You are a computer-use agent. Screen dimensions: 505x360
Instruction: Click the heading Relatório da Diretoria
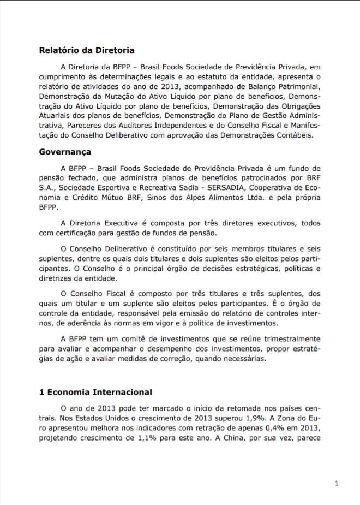pyautogui.click(x=86, y=50)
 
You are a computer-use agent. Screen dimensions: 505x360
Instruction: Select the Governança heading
pyautogui.click(x=65, y=152)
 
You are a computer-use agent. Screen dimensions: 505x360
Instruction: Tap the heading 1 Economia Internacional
pyautogui.click(x=95, y=392)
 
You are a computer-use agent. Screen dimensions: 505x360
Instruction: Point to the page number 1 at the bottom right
pyautogui.click(x=337, y=483)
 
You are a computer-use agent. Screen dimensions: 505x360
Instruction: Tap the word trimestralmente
pyautogui.click(x=289, y=338)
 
